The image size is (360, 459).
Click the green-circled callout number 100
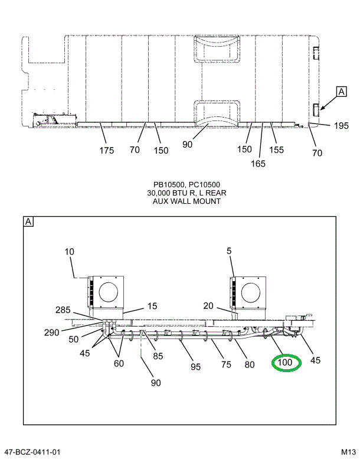coord(286,362)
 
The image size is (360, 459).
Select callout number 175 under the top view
coord(106,151)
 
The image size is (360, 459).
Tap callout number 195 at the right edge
coord(341,125)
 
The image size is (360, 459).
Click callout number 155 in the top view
coord(276,150)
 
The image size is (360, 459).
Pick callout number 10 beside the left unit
coord(70,252)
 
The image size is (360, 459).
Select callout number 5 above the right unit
coord(228,250)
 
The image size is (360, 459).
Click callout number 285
coord(63,310)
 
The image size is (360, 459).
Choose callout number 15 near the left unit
coord(152,306)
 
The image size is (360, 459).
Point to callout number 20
coord(208,305)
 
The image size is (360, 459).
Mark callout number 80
coord(249,364)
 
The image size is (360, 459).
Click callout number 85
coord(158,356)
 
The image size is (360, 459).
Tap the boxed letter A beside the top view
coord(341,91)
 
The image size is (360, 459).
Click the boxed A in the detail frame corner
coord(28,222)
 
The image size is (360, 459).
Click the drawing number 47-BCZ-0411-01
coord(32,453)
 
